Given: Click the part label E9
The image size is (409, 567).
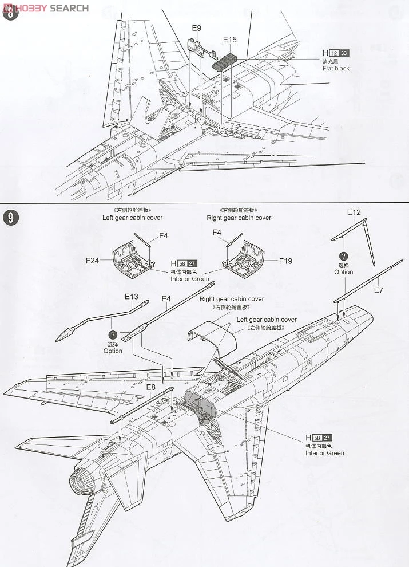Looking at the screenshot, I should tap(197, 27).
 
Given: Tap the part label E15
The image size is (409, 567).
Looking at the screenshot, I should tap(230, 40).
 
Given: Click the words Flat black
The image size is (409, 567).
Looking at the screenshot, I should tap(336, 69).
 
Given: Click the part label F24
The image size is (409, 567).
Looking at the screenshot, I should tap(93, 260).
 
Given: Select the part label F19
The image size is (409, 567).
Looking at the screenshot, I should tap(286, 261).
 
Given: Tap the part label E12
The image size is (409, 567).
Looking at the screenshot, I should tap(354, 212).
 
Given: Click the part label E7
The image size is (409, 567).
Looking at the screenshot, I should tap(378, 290).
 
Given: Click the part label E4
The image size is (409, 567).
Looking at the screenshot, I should tap(166, 298).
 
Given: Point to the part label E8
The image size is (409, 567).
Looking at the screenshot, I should tap(151, 387).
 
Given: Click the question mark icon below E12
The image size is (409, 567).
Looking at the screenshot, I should tap(344, 256).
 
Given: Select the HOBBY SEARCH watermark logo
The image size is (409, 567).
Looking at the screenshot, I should tap(46, 7).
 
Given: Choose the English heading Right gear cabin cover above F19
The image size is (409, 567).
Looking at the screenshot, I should tap(239, 218).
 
